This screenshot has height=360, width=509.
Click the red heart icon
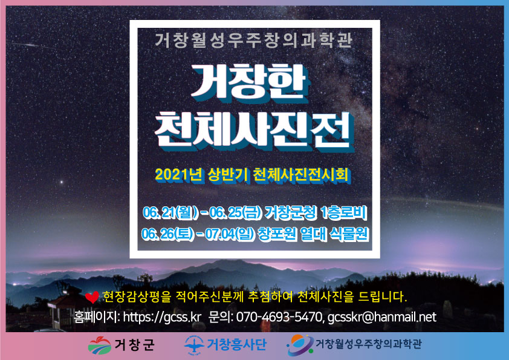point(92,297)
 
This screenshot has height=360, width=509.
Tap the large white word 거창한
point(250,82)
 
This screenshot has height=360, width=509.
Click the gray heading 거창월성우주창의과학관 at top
point(254,41)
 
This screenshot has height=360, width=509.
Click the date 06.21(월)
point(170,213)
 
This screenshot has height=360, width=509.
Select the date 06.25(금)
point(235,213)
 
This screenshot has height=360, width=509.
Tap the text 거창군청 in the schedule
point(290,213)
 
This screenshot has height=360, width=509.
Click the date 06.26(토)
point(168,234)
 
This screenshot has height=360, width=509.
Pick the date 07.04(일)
point(230,234)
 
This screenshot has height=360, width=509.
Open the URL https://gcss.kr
point(162,317)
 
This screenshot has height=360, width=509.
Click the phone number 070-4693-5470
point(279,317)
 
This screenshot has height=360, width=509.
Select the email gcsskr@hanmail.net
point(382,317)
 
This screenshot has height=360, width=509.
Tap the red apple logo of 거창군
point(100,345)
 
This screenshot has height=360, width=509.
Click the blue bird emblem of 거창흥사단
point(195,345)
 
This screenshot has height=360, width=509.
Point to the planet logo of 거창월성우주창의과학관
point(300,345)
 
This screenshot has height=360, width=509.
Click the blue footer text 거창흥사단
point(237,344)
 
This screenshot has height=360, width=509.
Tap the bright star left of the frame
point(61,182)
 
